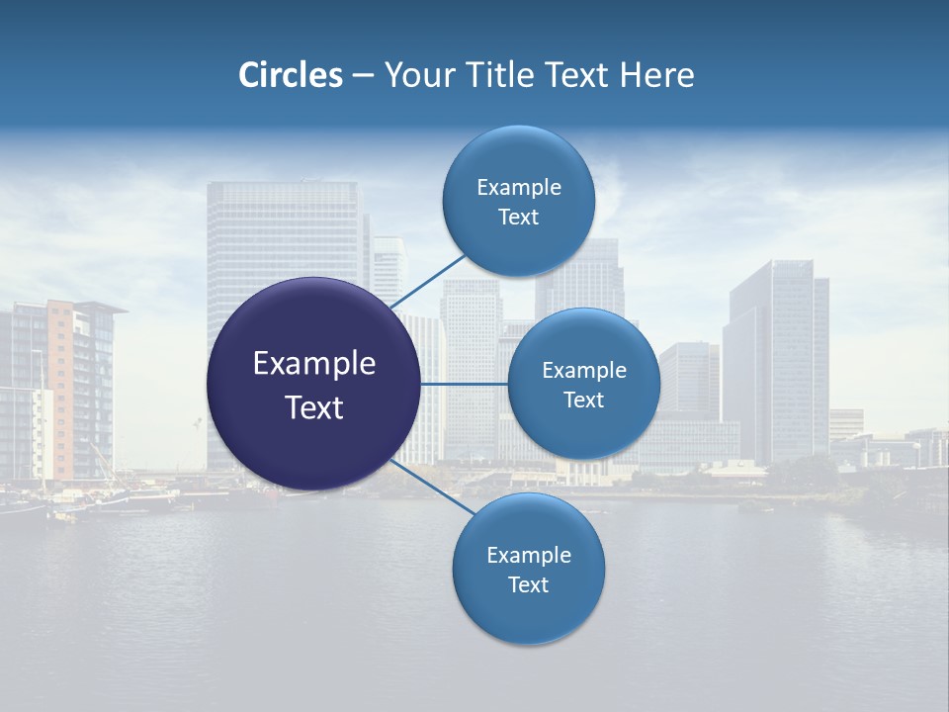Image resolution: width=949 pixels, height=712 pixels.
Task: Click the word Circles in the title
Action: click(290, 75)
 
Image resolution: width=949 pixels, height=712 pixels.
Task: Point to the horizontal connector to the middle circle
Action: click(464, 384)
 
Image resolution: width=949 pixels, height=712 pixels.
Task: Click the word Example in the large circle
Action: click(313, 364)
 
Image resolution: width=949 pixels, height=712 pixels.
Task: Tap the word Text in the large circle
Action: click(313, 407)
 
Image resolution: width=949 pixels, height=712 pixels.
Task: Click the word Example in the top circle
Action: click(518, 188)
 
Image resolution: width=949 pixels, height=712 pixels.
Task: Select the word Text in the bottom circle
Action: click(528, 585)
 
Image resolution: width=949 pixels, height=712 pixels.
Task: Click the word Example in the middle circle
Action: click(583, 371)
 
